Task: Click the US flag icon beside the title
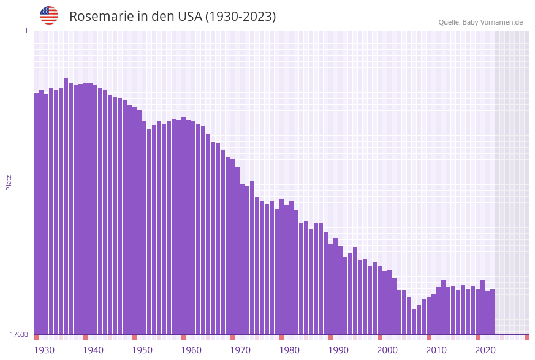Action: coord(49,15)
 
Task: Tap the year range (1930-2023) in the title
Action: coord(240,17)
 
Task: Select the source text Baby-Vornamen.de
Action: coord(492,22)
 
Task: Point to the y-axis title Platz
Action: coord(9,182)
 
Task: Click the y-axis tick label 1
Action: coord(26,31)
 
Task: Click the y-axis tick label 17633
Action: coord(19,334)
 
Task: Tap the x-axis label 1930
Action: coord(44,350)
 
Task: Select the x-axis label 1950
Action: coord(142,350)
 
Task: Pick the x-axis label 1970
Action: coord(240,350)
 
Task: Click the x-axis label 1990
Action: coord(338,350)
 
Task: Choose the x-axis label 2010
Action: coord(436,350)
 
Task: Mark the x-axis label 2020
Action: coord(485,350)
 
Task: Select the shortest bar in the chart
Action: coord(414,321)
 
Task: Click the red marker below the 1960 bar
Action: coord(183,337)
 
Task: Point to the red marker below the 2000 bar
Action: coord(379,337)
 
